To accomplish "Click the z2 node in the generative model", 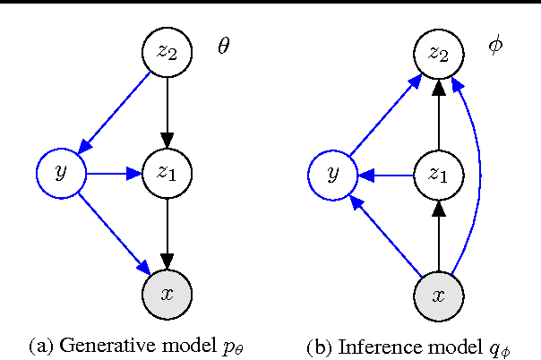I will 168,52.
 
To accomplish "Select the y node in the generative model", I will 61,173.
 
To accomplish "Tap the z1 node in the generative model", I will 168,173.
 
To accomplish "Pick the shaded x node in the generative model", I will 168,294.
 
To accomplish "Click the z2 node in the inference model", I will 438,52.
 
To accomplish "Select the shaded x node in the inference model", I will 438,294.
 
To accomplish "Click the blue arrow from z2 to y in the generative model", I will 115,113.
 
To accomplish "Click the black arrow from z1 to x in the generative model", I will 168,233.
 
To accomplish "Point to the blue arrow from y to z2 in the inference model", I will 385,113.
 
